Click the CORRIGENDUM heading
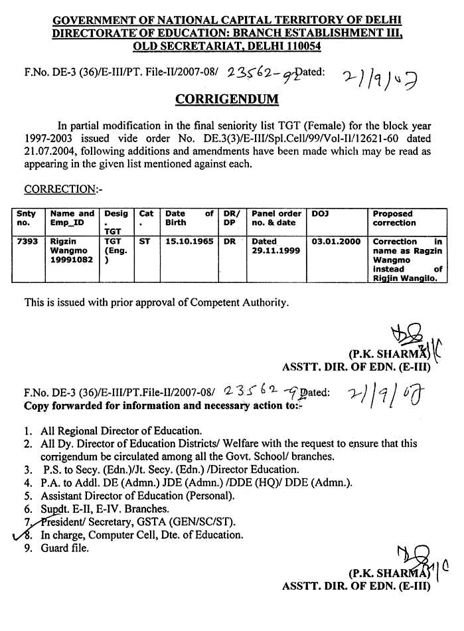click(226, 100)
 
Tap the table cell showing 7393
click(26, 242)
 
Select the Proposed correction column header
click(394, 219)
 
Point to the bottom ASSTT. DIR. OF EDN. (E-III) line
click(356, 586)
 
